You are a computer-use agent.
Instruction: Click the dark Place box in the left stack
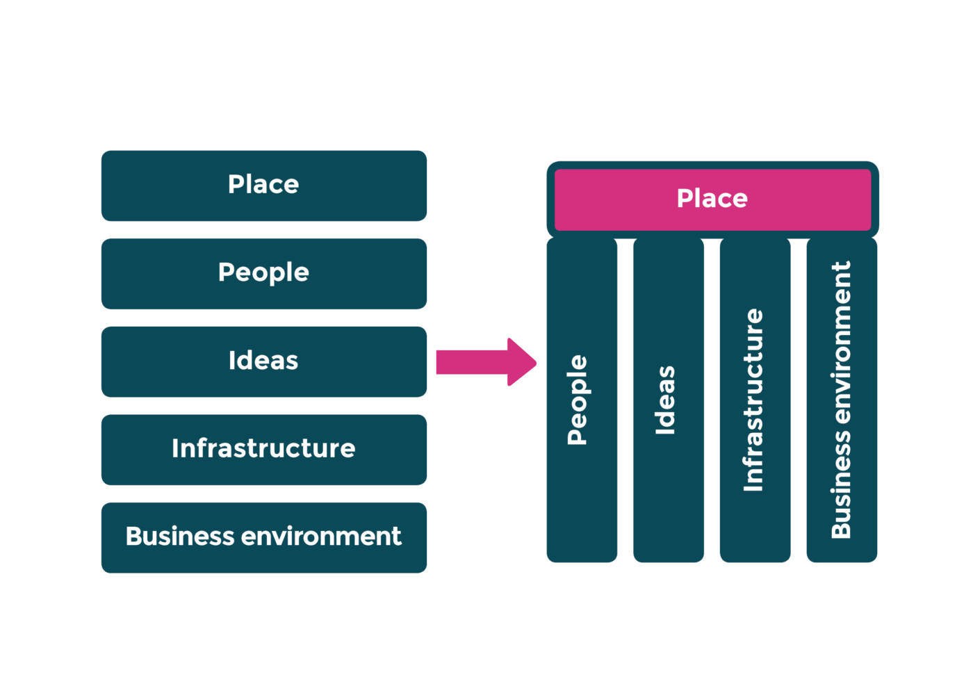pos(264,186)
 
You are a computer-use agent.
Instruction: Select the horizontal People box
pos(264,274)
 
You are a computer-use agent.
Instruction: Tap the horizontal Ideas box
pos(264,361)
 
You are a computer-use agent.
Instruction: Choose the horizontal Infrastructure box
pos(264,450)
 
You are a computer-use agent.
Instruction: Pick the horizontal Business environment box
pos(264,537)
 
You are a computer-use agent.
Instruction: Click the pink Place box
pos(712,199)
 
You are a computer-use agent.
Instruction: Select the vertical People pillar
pos(582,400)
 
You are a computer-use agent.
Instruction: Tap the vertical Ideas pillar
pos(668,400)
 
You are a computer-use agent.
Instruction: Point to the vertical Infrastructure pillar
pos(755,400)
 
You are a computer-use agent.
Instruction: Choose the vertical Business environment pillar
pos(842,400)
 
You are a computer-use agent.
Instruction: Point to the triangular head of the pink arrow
pos(521,362)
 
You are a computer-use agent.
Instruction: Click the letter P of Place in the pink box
pos(685,199)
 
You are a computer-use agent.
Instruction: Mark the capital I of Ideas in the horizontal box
pos(232,361)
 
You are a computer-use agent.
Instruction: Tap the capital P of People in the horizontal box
pos(227,272)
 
